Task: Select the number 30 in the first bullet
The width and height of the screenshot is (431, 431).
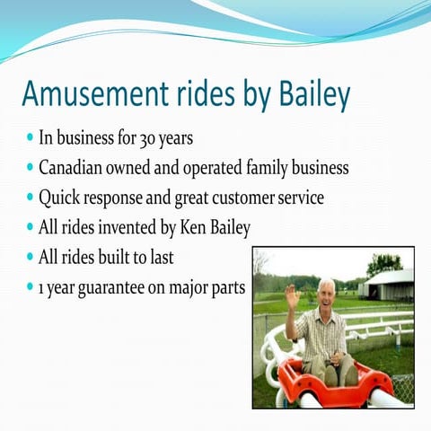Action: point(148,139)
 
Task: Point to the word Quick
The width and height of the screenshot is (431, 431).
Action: point(59,198)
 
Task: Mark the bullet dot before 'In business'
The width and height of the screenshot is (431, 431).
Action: point(31,140)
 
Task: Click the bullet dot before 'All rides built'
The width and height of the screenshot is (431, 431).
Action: point(31,257)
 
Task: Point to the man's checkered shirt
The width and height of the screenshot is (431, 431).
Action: point(323,333)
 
